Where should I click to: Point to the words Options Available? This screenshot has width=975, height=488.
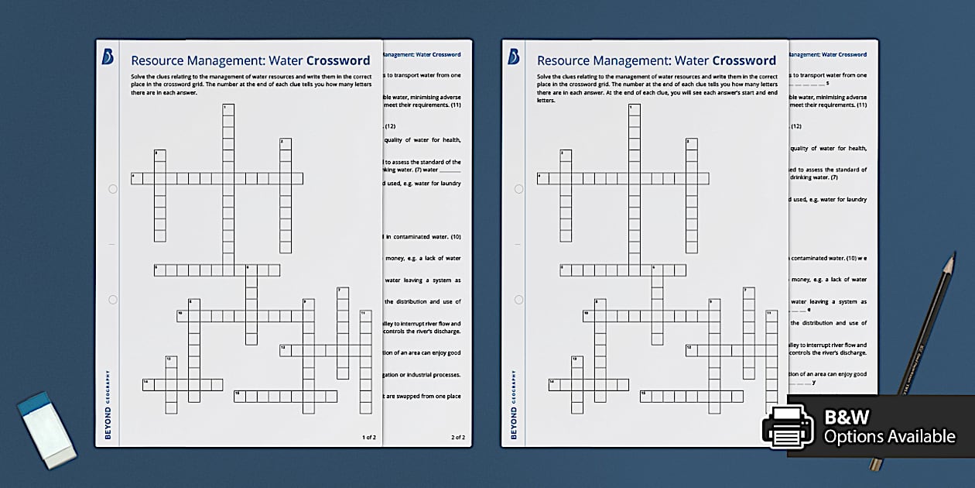pyautogui.click(x=889, y=437)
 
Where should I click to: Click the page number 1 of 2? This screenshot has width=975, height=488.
pyautogui.click(x=369, y=438)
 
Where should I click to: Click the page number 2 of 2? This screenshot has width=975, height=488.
pyautogui.click(x=458, y=438)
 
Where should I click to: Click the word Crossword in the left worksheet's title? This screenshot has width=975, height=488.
pyautogui.click(x=338, y=60)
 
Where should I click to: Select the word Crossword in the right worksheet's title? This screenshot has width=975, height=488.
pyautogui.click(x=744, y=60)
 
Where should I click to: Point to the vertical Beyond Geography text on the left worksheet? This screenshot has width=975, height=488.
pyautogui.click(x=108, y=405)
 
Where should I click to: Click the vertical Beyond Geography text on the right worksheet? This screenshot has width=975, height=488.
pyautogui.click(x=513, y=405)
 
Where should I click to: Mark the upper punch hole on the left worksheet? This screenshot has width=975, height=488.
pyautogui.click(x=113, y=188)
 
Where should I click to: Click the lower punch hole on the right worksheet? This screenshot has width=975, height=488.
pyautogui.click(x=518, y=299)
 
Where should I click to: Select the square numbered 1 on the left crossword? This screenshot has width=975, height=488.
pyautogui.click(x=228, y=109)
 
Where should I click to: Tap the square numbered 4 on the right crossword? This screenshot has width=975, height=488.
pyautogui.click(x=543, y=178)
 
